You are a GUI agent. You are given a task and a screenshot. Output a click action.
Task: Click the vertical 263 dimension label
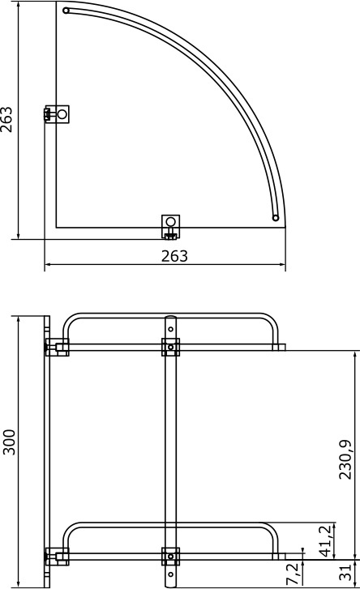[x=6, y=120]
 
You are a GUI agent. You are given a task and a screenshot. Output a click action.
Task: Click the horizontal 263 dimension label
[x=174, y=256]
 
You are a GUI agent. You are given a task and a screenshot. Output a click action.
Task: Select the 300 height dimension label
[x=9, y=442]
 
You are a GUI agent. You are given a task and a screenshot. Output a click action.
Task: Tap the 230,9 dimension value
[x=345, y=459]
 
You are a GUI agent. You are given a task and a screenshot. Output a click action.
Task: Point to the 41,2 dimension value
[x=326, y=541]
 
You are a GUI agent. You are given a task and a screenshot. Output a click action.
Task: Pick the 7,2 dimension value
[x=293, y=574]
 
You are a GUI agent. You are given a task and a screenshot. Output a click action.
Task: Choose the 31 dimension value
[x=345, y=572]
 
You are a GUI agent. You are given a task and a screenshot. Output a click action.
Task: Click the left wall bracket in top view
[x=57, y=113]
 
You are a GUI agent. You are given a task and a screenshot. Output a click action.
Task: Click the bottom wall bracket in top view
[x=170, y=227]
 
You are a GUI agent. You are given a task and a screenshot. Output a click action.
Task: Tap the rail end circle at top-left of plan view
[x=66, y=11]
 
